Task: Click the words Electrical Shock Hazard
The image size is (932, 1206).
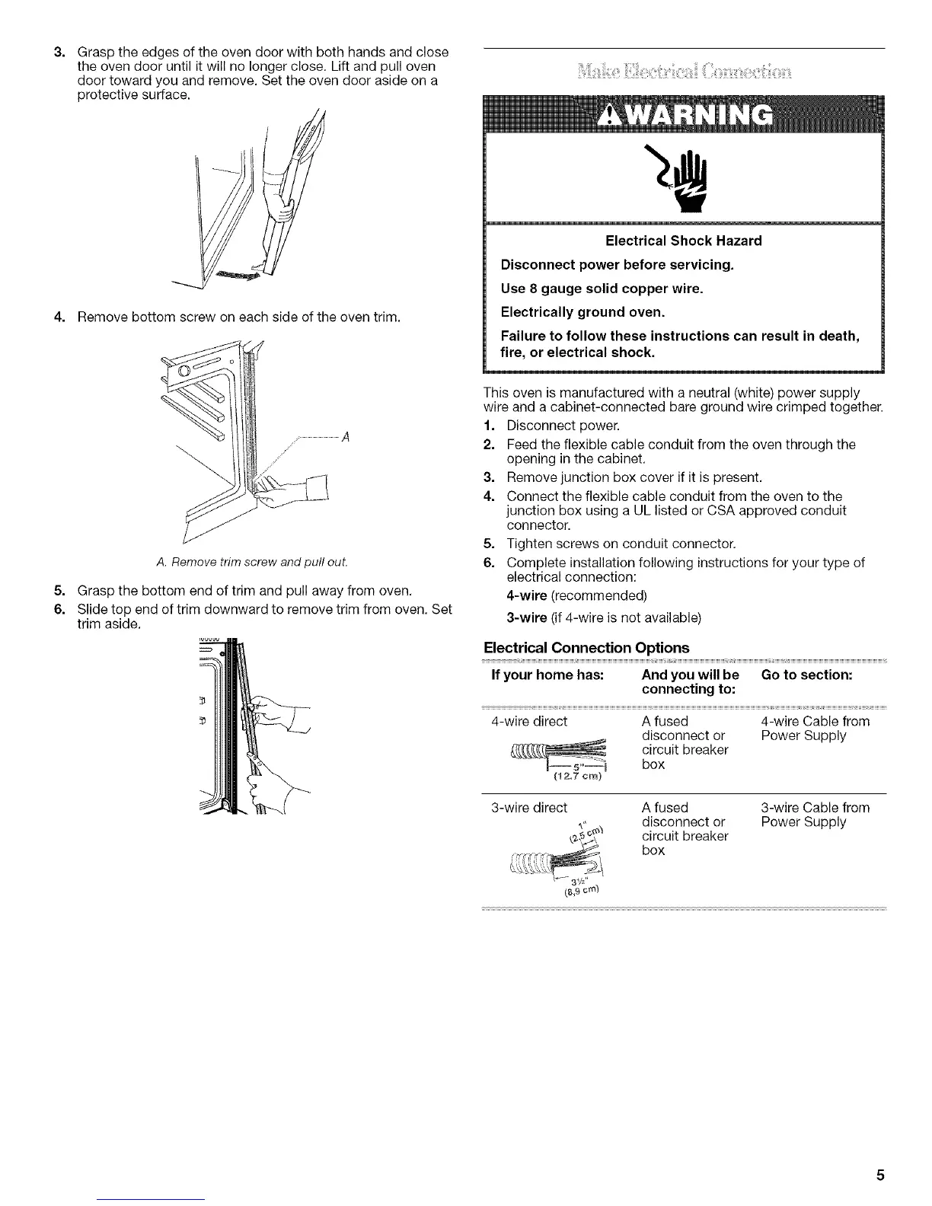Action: click(683, 241)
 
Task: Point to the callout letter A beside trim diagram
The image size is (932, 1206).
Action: click(345, 437)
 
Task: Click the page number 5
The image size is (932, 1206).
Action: click(879, 1174)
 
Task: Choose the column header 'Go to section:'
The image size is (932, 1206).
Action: click(806, 675)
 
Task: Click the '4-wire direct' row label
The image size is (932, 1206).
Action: click(526, 721)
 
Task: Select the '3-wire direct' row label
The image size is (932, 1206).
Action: click(526, 807)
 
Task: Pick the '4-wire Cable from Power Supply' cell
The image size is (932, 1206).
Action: click(815, 729)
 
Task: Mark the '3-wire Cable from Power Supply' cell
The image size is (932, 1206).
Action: click(815, 815)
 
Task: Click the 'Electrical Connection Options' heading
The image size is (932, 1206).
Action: click(586, 647)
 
